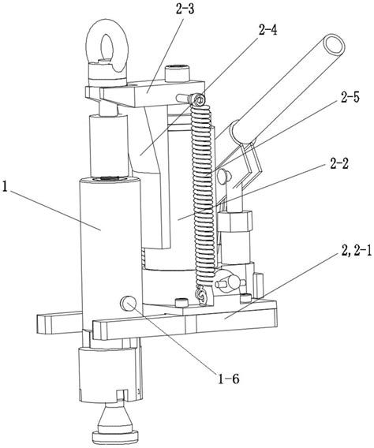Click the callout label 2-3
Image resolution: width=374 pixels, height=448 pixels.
pyautogui.click(x=185, y=9)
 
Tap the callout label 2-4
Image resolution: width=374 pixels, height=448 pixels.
pyautogui.click(x=267, y=30)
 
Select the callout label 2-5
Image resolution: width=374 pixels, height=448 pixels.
pyautogui.click(x=350, y=97)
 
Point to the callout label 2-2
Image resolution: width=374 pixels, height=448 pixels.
pyautogui.click(x=339, y=164)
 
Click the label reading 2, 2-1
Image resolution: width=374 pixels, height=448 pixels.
pyautogui.click(x=355, y=251)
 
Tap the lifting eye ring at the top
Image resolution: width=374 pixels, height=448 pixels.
pyautogui.click(x=107, y=46)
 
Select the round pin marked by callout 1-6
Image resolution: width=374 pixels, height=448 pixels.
pyautogui.click(x=128, y=304)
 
